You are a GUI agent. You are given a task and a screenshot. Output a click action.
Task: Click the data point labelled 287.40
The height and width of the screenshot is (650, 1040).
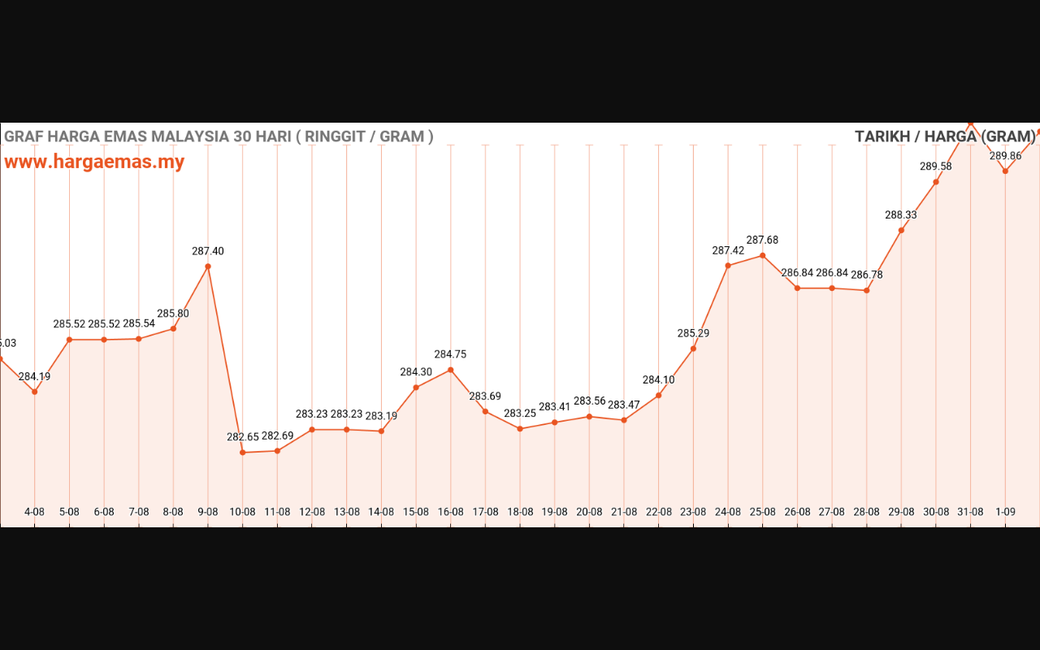coord(208,266)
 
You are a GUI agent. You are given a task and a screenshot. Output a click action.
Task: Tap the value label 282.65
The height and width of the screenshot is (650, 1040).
coord(243,437)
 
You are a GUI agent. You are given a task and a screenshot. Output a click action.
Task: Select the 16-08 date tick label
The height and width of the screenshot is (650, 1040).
coord(451,512)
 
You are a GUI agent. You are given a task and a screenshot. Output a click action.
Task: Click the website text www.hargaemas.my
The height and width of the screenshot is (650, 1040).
coord(94,162)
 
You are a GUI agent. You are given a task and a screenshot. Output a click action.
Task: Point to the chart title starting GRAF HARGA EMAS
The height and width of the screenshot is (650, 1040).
coord(219,136)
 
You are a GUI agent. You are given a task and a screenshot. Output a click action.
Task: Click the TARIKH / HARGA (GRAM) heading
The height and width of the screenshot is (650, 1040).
coord(945,136)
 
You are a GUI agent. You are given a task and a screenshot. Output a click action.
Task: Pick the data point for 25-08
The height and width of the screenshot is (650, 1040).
coord(763,256)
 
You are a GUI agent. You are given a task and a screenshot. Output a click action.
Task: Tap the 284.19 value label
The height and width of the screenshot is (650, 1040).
coord(34,376)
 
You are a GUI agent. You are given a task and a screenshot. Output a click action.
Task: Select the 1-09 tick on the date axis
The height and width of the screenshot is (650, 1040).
coord(1005,512)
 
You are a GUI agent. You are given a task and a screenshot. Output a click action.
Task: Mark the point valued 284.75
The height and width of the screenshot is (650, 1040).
coord(451,370)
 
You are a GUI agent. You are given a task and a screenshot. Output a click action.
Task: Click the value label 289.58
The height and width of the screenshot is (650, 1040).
coord(936,167)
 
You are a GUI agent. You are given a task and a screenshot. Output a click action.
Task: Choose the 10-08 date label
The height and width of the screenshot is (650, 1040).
coord(243,512)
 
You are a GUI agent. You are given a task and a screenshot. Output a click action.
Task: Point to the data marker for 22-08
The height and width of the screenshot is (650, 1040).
coord(659,396)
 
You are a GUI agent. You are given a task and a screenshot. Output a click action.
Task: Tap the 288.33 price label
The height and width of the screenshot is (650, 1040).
coord(901,215)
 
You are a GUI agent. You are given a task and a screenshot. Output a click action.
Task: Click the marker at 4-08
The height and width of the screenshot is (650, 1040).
coord(34,392)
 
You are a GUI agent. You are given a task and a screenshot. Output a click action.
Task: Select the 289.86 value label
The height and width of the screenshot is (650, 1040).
coord(1005,156)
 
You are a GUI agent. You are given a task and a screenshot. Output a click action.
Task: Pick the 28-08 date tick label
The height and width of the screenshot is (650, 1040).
coord(866,512)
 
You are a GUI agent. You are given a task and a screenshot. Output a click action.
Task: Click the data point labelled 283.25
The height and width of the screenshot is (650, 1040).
coord(520,428)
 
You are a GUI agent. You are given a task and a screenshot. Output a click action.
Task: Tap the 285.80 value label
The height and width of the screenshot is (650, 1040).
coord(173,314)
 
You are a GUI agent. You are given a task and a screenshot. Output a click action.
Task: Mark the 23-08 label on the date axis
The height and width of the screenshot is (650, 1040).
coord(693,512)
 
